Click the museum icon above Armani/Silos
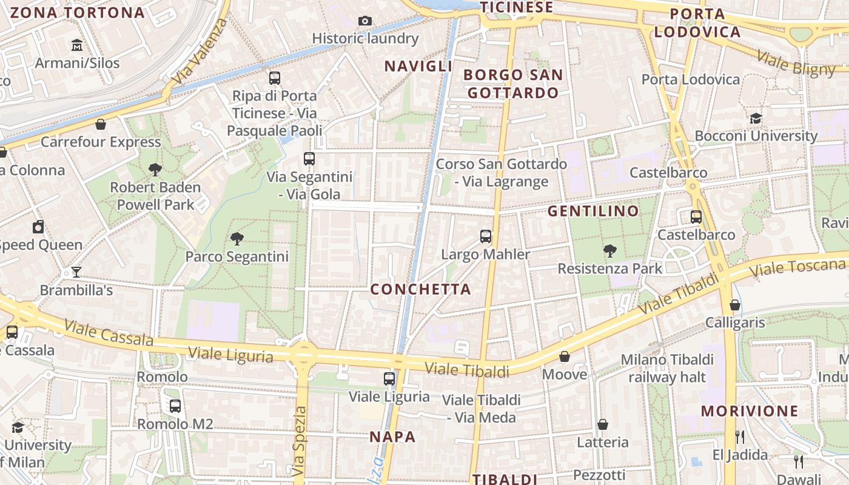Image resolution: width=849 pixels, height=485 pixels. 77,45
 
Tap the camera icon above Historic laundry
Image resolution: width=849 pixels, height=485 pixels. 364,21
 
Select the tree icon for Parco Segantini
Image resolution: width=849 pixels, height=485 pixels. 237,238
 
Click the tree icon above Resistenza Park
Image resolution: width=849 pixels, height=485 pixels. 610,250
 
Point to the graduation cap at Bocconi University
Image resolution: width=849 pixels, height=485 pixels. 756,118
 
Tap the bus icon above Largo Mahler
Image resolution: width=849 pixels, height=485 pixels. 486,236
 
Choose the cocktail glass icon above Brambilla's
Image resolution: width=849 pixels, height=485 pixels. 76,272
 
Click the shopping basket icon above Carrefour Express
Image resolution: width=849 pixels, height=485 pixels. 101,124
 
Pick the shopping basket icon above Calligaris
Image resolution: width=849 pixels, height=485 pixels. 735,305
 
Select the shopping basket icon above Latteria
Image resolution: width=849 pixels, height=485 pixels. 603,424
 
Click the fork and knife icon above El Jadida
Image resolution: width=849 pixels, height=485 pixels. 740,436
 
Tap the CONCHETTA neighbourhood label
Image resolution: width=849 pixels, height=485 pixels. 421,289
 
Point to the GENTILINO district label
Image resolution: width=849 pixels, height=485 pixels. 593,211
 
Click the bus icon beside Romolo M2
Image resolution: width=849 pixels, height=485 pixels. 175,406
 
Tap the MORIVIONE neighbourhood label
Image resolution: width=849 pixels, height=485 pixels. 750,411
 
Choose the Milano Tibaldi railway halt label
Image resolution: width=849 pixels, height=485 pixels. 667,368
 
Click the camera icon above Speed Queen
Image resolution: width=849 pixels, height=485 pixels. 38,227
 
